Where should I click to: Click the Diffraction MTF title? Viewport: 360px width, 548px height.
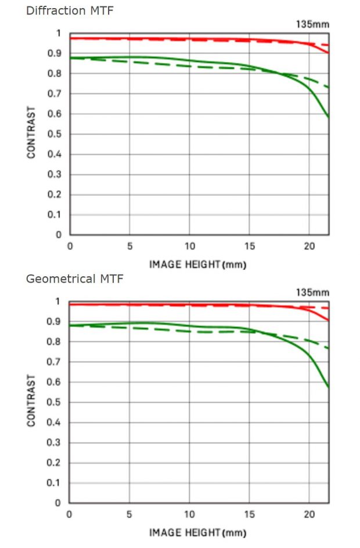coord(70,11)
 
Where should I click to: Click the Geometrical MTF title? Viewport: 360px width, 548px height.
coord(74,279)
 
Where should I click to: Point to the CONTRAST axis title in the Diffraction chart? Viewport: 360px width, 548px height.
coord(31,132)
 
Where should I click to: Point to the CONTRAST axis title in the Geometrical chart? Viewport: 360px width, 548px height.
coord(31,401)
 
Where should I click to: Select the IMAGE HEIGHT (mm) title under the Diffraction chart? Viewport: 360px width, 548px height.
coord(198,264)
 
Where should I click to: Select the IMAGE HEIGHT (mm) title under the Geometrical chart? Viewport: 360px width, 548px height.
coord(198,532)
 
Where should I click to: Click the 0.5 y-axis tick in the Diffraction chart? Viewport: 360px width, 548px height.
coord(57,134)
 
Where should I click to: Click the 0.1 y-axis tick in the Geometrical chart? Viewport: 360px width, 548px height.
coord(57,484)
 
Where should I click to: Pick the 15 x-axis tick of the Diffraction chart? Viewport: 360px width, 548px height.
coord(250,247)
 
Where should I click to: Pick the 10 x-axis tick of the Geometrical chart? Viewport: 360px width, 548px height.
coord(189,515)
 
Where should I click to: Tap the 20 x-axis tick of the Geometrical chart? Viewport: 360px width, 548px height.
coord(309,515)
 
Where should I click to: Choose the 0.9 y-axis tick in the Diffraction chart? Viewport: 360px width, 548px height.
coord(57,53)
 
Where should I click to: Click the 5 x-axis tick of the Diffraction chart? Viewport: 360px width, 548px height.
coord(129,247)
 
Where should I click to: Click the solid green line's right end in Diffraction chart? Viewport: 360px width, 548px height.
coord(329,117)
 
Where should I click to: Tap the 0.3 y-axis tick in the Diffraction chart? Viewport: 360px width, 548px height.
coord(57,175)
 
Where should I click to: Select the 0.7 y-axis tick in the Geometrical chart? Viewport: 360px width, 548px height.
coord(57,362)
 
